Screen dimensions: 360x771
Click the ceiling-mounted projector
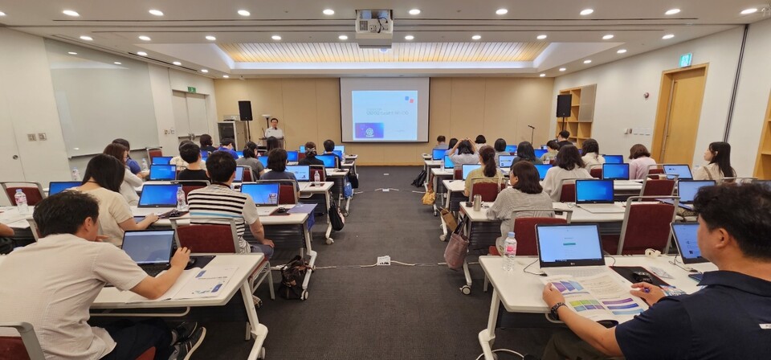(x=374, y=27)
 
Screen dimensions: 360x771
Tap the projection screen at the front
(x=384, y=110)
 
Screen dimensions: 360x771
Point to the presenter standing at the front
(x=275, y=129)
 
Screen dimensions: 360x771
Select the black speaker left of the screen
(x=245, y=110)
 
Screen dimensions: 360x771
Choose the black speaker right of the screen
(x=564, y=105)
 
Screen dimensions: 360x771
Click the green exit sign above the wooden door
(x=685, y=59)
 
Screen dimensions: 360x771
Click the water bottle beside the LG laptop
(x=509, y=252)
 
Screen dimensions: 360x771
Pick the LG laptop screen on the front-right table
(x=569, y=245)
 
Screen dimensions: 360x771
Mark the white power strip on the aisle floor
(x=384, y=260)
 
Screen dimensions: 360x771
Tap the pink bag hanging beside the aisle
(x=457, y=248)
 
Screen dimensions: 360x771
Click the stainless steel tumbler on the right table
(x=476, y=202)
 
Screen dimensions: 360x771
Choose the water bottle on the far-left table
(x=21, y=200)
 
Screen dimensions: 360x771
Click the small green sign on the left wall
(x=191, y=89)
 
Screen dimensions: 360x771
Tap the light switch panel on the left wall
(x=37, y=137)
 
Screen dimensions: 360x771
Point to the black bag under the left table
(x=294, y=277)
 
